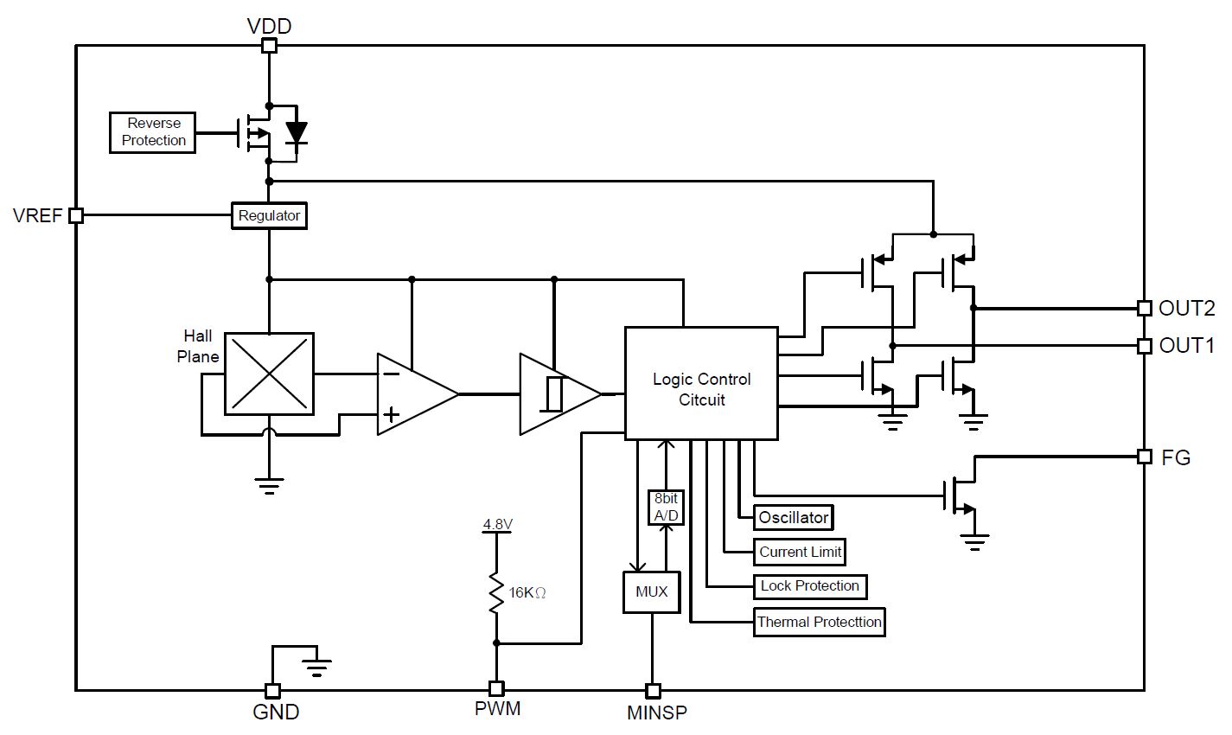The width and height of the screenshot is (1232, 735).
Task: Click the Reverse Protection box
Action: point(152,132)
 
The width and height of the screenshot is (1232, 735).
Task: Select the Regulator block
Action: point(269,215)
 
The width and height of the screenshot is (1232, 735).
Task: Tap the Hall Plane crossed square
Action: point(270,374)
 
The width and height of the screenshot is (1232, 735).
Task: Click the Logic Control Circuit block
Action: point(701,383)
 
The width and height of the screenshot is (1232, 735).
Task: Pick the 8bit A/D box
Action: point(666,508)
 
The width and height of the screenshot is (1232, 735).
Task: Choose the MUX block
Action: point(652,592)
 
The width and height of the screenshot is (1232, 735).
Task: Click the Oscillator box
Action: point(793,517)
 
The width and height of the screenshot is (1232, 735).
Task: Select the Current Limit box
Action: point(799,552)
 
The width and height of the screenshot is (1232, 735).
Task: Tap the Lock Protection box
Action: point(809,586)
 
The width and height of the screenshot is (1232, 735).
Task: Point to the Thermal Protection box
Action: point(819,623)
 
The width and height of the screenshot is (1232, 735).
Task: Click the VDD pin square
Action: point(269,46)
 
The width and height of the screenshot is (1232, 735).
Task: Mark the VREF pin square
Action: point(76,215)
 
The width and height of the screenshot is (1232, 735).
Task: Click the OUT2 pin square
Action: point(1145,308)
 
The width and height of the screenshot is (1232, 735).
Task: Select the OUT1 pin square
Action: point(1145,346)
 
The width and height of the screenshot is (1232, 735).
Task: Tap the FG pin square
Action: point(1145,457)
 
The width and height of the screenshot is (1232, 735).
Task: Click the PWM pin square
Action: point(496,688)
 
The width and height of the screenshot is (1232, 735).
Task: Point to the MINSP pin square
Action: point(653,690)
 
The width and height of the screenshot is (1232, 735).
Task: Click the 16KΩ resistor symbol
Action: point(496,592)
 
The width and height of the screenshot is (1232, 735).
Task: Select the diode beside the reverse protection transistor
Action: point(297,133)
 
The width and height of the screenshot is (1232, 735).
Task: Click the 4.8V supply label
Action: point(497,524)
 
